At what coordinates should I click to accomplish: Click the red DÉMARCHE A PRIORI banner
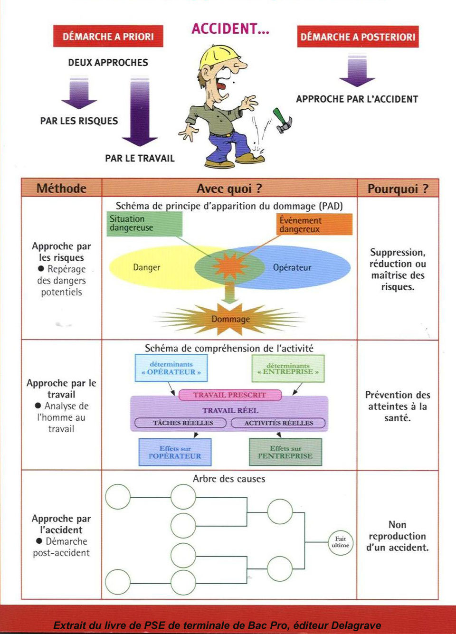[108, 36]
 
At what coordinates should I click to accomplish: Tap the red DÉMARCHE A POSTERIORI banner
[358, 37]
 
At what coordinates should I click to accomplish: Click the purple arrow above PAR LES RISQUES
[79, 94]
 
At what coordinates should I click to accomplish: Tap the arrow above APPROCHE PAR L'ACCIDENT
[357, 71]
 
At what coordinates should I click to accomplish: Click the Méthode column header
[61, 189]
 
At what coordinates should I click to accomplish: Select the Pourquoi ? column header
[398, 189]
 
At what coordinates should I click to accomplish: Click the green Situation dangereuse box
[144, 224]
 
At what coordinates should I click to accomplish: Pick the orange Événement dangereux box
[314, 224]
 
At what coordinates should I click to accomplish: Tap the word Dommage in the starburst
[230, 319]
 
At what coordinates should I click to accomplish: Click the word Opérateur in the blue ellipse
[292, 267]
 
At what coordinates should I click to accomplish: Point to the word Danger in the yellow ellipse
[146, 267]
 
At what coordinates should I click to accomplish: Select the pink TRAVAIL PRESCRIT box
[230, 395]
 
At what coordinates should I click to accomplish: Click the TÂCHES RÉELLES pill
[183, 423]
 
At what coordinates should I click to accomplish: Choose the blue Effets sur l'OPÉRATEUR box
[175, 452]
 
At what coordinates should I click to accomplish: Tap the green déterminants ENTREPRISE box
[288, 369]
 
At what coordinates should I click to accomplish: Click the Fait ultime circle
[340, 542]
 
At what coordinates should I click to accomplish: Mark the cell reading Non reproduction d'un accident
[397, 536]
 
